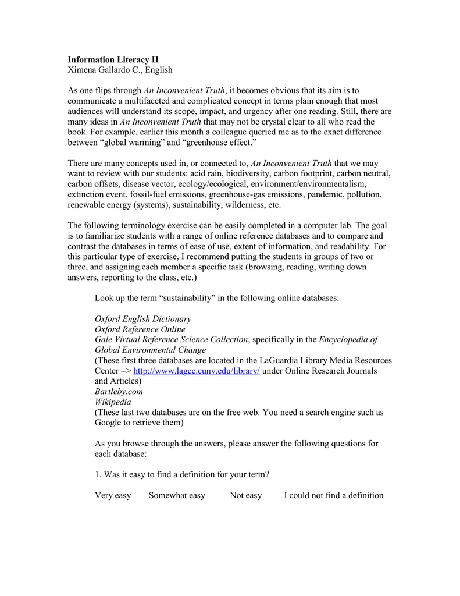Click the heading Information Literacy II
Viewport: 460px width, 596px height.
113,59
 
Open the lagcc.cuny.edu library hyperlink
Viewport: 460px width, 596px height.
196,371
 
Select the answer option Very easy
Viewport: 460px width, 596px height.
113,495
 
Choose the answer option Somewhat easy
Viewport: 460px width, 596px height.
177,495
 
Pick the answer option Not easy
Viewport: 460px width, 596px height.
245,495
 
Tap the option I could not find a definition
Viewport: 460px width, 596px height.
333,495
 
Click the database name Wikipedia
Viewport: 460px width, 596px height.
113,402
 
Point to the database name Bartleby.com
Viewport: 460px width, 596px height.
119,392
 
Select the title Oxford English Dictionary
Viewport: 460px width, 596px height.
142,319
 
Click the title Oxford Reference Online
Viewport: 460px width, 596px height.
140,329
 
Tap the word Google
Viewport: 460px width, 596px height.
109,423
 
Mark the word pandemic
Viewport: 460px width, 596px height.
316,195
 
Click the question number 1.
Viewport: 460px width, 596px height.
97,474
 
